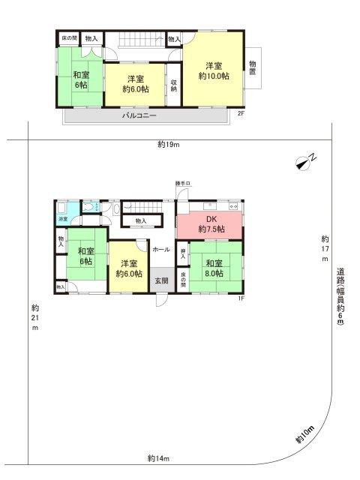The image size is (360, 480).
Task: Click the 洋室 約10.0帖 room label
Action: coord(213,70)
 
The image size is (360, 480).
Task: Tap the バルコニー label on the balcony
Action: coord(139,117)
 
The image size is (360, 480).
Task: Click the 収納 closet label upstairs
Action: coord(173,85)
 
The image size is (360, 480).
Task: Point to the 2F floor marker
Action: coord(241,113)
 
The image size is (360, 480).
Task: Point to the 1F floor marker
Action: coord(241,299)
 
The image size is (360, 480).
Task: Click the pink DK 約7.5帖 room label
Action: coord(209,224)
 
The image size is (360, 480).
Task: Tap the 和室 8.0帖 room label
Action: coord(214,268)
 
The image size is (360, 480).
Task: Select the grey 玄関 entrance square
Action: coord(161,280)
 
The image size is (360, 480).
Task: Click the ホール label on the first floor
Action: coord(160,249)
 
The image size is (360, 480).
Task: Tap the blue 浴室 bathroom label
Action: coord(64,219)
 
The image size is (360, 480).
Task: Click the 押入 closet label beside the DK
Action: coord(182,253)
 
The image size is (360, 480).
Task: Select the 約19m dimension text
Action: coord(169,144)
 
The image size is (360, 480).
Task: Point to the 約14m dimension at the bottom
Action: coord(159,457)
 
